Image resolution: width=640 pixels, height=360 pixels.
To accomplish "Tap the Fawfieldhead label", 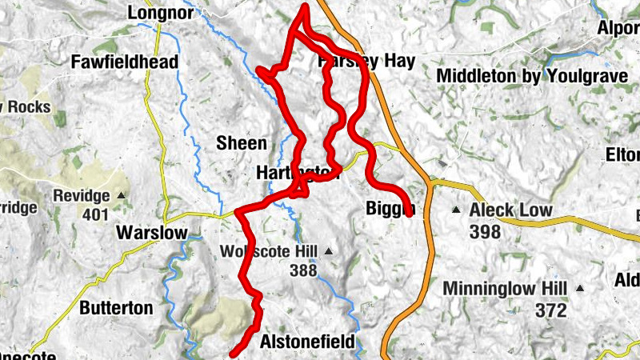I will [x=124, y=62].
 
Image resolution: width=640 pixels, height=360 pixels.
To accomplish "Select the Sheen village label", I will [x=241, y=143].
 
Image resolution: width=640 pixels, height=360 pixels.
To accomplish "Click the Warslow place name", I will [x=151, y=233].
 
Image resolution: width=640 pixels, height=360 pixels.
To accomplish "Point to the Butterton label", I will [x=116, y=307].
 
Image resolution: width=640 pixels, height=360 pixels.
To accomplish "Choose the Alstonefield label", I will [x=307, y=342].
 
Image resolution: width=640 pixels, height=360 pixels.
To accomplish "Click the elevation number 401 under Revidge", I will [x=94, y=214].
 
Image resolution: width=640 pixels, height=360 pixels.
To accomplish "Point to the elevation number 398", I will [x=486, y=232].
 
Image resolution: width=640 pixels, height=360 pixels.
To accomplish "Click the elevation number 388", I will [x=304, y=271].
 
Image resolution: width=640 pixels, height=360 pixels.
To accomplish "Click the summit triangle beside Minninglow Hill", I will [x=579, y=288].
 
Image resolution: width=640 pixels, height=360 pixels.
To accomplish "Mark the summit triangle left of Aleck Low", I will [x=456, y=211].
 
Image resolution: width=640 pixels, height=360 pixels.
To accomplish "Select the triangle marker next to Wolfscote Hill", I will [x=326, y=252].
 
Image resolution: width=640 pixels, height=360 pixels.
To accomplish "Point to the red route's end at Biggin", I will [x=409, y=213].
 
